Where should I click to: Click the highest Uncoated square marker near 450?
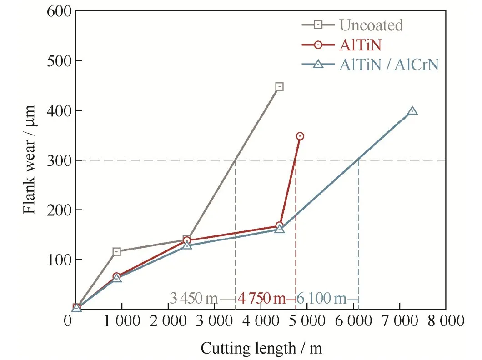pos(279,86)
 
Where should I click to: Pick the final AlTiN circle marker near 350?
pos(300,136)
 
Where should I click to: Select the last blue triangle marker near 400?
pos(412,111)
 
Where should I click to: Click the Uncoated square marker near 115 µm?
pos(116,251)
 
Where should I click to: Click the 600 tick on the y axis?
pos(59,11)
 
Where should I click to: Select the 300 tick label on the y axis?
pos(59,160)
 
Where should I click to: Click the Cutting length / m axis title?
pos(261,349)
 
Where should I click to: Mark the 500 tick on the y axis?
pos(59,61)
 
